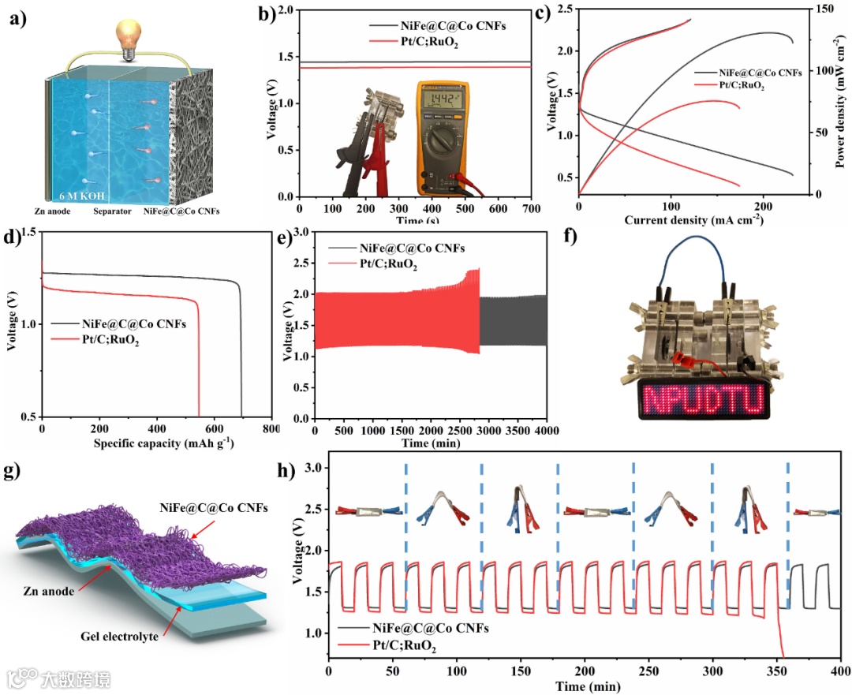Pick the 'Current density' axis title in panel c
[x=693, y=219]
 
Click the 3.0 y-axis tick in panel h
[x=313, y=468]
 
